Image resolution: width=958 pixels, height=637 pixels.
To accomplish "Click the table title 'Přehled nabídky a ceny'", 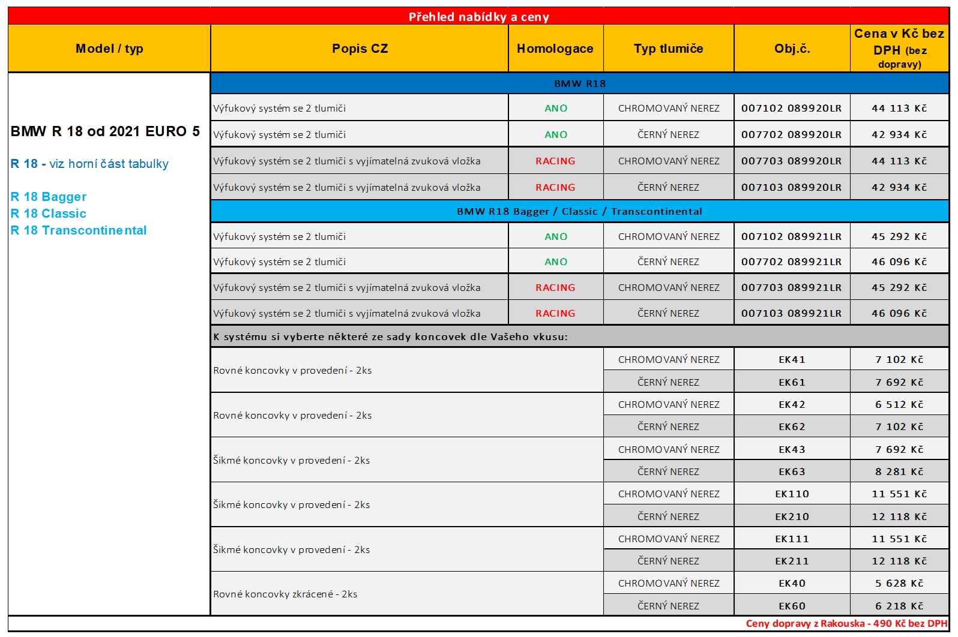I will click(478, 17).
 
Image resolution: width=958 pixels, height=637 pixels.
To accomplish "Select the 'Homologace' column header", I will click(555, 49).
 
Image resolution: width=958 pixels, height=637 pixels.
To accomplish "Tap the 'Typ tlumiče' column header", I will click(668, 49).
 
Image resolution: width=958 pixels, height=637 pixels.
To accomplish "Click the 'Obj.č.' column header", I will click(792, 49).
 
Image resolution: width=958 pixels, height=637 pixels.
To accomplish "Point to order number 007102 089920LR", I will click(791, 108).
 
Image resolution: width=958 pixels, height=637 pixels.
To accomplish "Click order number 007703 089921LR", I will click(791, 287).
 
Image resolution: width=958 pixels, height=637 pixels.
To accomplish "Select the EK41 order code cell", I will click(792, 359).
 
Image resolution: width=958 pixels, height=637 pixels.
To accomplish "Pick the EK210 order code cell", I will click(792, 516).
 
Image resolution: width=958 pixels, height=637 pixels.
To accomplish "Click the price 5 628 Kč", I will click(899, 583).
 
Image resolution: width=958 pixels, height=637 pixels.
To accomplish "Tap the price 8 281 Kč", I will click(899, 471).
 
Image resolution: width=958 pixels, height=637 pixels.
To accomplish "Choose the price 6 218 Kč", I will click(899, 606).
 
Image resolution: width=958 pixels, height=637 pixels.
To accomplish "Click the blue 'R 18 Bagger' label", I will click(49, 197).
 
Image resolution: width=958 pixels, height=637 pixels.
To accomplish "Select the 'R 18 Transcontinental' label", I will click(79, 230).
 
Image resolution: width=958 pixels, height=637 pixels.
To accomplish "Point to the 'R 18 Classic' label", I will click(49, 214).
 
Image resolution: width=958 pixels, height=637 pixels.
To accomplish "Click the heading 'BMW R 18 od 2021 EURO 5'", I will click(105, 131).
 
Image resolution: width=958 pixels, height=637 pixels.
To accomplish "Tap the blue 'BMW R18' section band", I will click(579, 83).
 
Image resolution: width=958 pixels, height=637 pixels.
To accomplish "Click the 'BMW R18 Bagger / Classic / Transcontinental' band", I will click(579, 211).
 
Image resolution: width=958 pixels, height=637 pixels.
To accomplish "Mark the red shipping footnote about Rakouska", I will click(846, 624).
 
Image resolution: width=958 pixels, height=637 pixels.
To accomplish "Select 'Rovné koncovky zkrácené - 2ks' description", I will click(285, 594).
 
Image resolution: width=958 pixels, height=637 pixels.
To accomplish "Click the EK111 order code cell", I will click(792, 539).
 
